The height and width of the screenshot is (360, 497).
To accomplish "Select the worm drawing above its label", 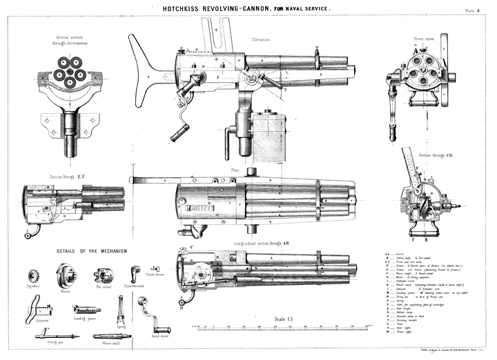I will pos(67,274).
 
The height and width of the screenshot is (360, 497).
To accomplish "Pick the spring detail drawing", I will pos(121,308).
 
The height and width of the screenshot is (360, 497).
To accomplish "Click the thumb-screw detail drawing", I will pos(137,270).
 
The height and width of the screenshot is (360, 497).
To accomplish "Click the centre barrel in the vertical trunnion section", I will pos(70,74).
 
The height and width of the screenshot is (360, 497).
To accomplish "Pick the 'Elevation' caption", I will pos(261,39).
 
